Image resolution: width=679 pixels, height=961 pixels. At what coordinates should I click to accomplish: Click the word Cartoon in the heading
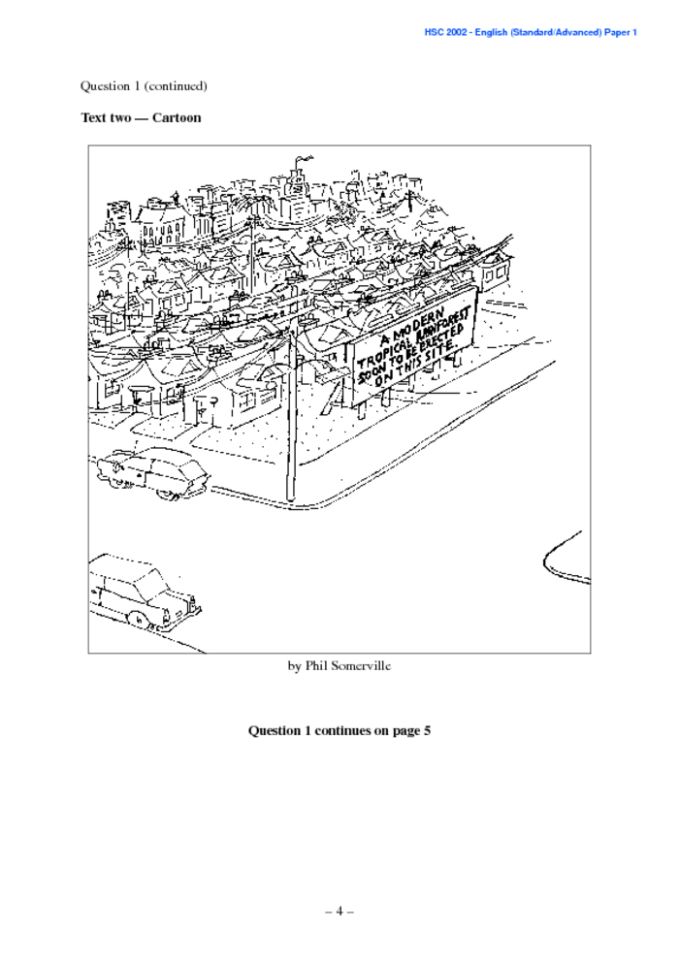coord(177,117)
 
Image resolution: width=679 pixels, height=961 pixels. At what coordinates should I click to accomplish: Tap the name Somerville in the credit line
coord(360,665)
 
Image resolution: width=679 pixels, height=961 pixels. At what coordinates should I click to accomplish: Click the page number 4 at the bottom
coord(339,912)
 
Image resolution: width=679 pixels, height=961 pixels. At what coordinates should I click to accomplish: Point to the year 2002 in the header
coord(456,32)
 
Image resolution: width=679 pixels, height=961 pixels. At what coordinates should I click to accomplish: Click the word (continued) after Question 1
coord(176,85)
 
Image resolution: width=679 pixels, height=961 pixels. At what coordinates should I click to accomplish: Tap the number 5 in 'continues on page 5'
coord(427,730)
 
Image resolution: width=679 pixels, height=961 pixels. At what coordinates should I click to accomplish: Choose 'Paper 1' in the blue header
coord(620,32)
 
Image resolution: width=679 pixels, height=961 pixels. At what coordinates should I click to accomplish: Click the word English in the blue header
coord(490,32)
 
